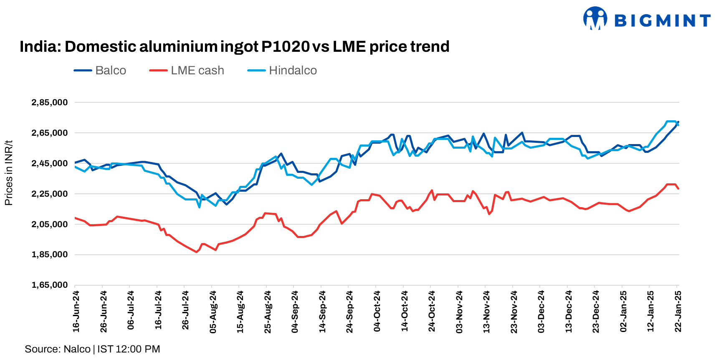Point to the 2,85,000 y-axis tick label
click(49, 102)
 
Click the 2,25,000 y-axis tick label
click(49, 194)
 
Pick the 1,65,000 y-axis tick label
click(49, 285)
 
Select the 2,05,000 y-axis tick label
click(49, 224)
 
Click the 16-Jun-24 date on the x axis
click(76, 312)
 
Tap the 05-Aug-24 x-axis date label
click(213, 312)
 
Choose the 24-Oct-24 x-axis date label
click(432, 312)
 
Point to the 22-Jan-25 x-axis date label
click(678, 312)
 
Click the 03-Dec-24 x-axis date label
click(541, 312)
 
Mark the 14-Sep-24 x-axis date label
click(322, 312)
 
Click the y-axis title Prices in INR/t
click(9, 173)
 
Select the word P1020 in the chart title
click(286, 46)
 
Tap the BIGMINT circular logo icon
click(595, 18)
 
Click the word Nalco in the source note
click(77, 349)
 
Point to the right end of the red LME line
click(678, 189)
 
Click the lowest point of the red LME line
click(196, 252)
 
